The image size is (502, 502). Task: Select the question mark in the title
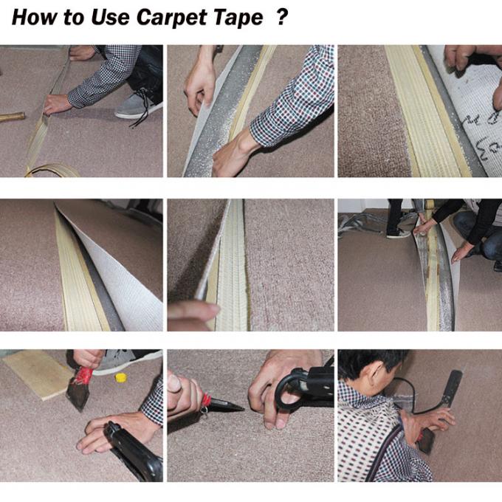click(281, 18)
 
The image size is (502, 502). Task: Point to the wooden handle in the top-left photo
click(11, 117)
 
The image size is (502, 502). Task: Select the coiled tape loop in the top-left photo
click(52, 171)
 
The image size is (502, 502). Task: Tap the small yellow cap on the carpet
click(120, 378)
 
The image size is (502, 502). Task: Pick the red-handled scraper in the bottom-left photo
click(80, 388)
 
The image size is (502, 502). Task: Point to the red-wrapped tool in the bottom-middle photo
click(214, 403)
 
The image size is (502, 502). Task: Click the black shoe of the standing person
click(397, 233)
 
